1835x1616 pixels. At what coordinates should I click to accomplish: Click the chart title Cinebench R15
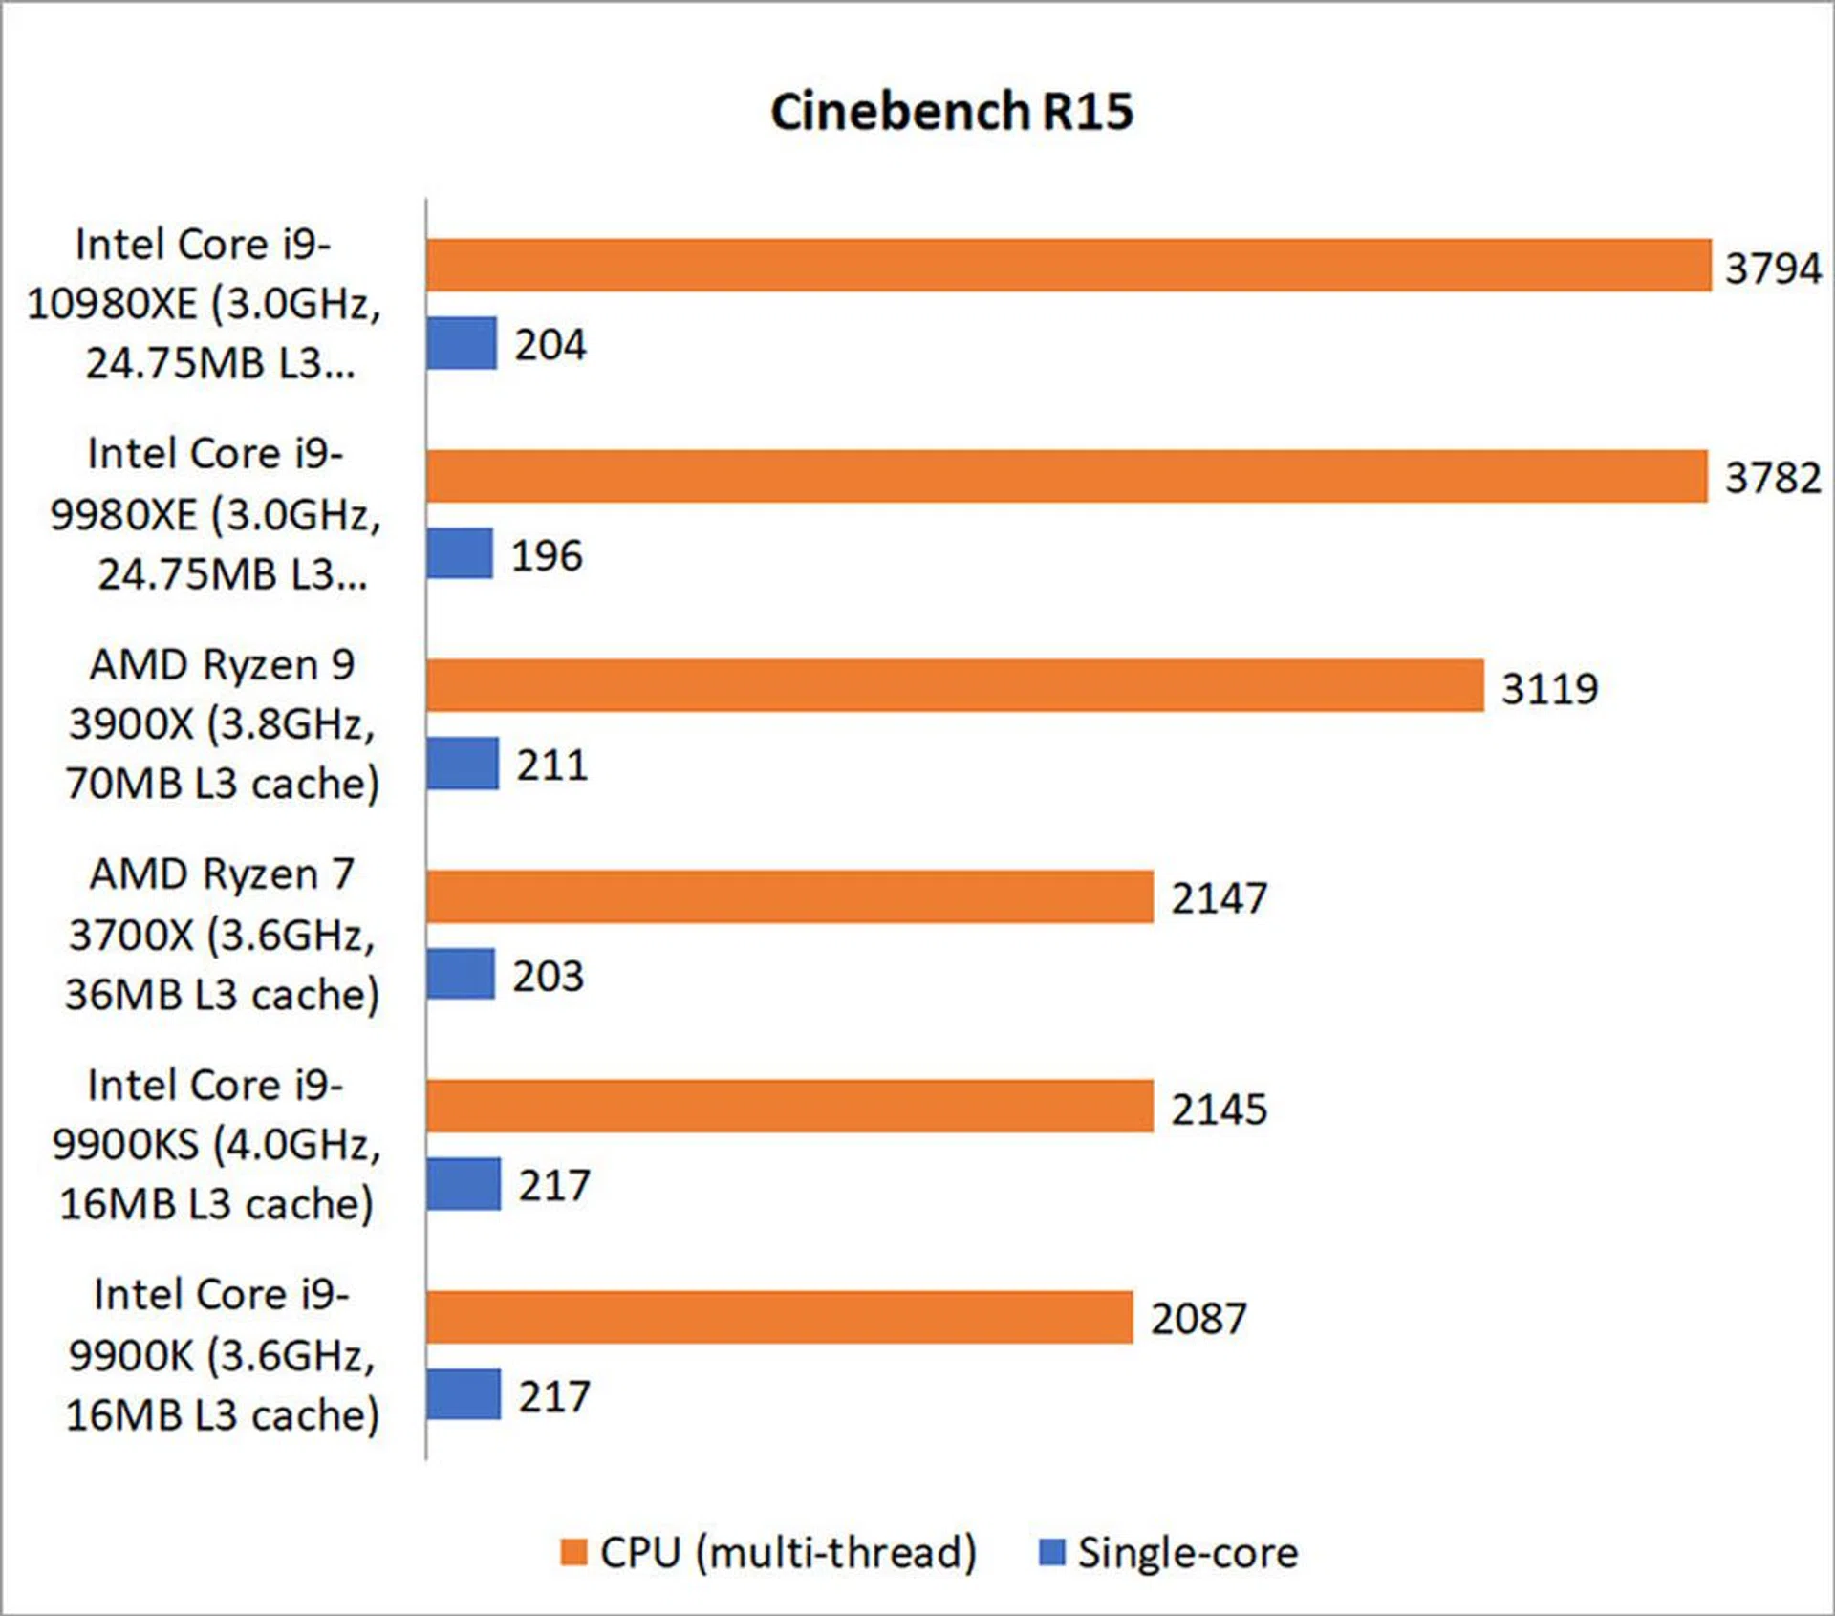pyautogui.click(x=952, y=112)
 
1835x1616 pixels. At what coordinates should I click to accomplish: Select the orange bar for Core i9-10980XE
pyautogui.click(x=1068, y=265)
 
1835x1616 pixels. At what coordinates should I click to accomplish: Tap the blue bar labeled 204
pyautogui.click(x=462, y=343)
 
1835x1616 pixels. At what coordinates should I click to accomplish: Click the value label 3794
pyautogui.click(x=1773, y=268)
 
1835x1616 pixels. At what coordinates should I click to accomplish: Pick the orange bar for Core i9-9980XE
pyautogui.click(x=1066, y=476)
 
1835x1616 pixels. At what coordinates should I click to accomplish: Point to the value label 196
pyautogui.click(x=547, y=555)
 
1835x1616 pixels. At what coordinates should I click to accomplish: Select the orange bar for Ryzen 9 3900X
pyautogui.click(x=955, y=685)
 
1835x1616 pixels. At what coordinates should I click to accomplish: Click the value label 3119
pyautogui.click(x=1549, y=688)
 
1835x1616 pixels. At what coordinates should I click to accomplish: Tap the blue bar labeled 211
pyautogui.click(x=463, y=764)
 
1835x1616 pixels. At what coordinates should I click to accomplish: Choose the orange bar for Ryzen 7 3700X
pyautogui.click(x=789, y=896)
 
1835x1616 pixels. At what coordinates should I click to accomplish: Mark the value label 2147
pyautogui.click(x=1220, y=898)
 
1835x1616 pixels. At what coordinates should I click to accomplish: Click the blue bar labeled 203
pyautogui.click(x=461, y=974)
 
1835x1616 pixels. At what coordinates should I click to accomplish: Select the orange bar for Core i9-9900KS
pyautogui.click(x=789, y=1107)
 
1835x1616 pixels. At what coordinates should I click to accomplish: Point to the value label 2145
pyautogui.click(x=1220, y=1110)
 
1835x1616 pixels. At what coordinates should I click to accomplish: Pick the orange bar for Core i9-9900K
pyautogui.click(x=779, y=1317)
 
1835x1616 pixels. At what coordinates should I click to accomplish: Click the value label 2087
pyautogui.click(x=1198, y=1319)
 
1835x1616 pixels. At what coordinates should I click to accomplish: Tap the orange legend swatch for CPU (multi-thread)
pyautogui.click(x=573, y=1553)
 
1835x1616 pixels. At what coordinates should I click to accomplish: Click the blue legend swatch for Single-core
pyautogui.click(x=1051, y=1553)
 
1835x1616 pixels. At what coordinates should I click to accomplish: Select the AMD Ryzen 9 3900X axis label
pyautogui.click(x=222, y=723)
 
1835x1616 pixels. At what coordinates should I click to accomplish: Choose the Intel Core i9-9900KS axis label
pyautogui.click(x=216, y=1144)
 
